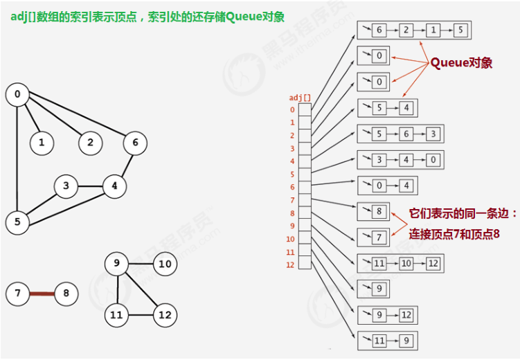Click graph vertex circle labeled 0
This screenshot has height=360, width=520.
tap(17, 95)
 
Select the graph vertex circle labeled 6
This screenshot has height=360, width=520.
tap(135, 143)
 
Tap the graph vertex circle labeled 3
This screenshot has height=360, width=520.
tap(66, 186)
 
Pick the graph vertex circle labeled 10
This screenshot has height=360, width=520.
tap(164, 264)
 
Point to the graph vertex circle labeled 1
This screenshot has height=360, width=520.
tap(42, 143)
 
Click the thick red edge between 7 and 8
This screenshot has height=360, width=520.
tap(42, 294)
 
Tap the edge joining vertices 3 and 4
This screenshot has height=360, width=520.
tap(90, 186)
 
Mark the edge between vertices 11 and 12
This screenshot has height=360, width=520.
tap(141, 315)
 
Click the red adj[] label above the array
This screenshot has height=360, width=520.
tap(299, 98)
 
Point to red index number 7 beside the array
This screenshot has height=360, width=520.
tap(292, 200)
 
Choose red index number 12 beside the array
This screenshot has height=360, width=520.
tap(291, 265)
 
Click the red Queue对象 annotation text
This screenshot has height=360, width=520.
tap(461, 63)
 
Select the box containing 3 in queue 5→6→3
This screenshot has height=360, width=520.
tap(431, 134)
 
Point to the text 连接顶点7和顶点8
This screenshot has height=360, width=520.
tap(454, 235)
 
